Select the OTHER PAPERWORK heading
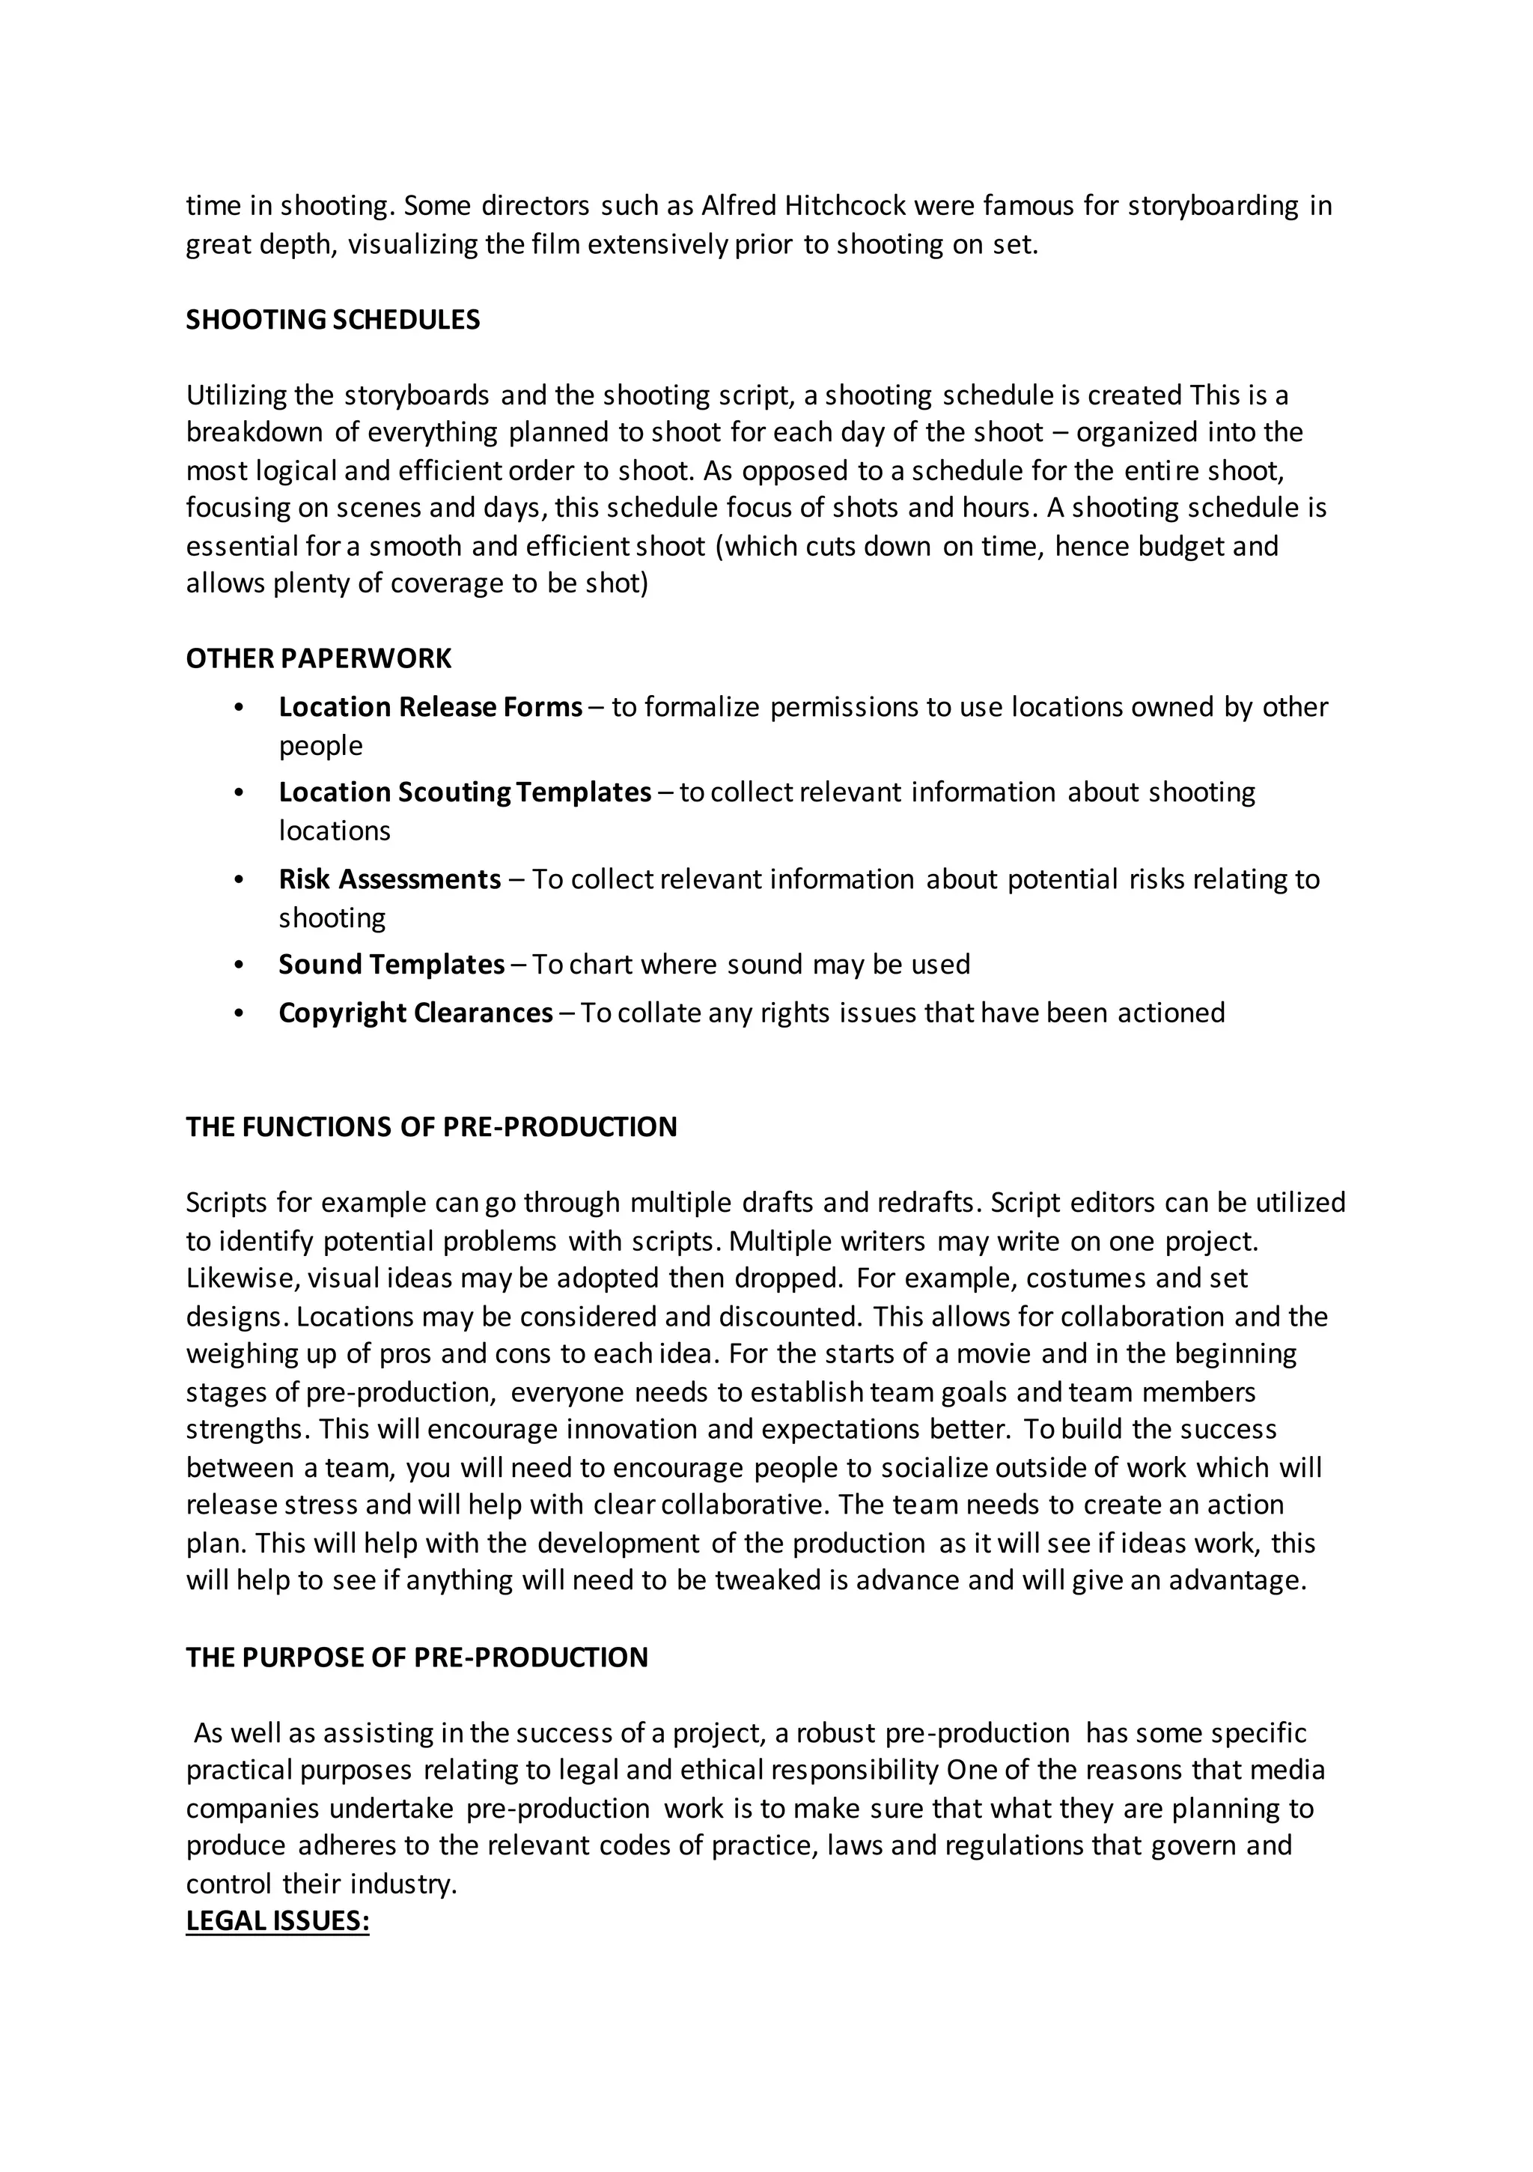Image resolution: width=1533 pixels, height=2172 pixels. (x=318, y=658)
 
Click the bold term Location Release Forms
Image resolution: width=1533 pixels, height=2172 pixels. (x=430, y=707)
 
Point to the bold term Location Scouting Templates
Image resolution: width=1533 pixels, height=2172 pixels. (x=464, y=792)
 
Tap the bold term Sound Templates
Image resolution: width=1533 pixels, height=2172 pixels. (x=391, y=964)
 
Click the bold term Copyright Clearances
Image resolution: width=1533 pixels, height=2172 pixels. (x=415, y=1013)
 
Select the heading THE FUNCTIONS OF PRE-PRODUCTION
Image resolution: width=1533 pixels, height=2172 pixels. (x=431, y=1128)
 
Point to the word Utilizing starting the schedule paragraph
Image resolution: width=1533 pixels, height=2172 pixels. (x=237, y=395)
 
